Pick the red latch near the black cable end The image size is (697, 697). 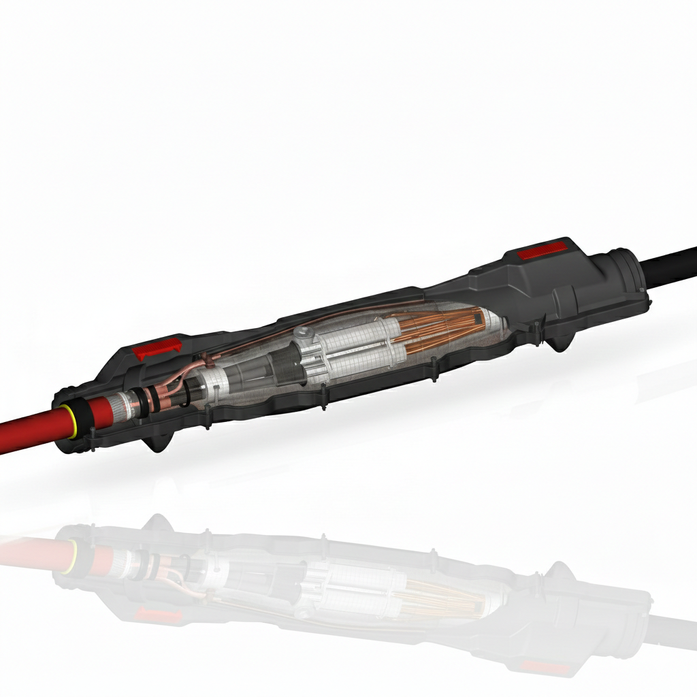point(542,253)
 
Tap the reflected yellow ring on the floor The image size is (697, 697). point(69,554)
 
